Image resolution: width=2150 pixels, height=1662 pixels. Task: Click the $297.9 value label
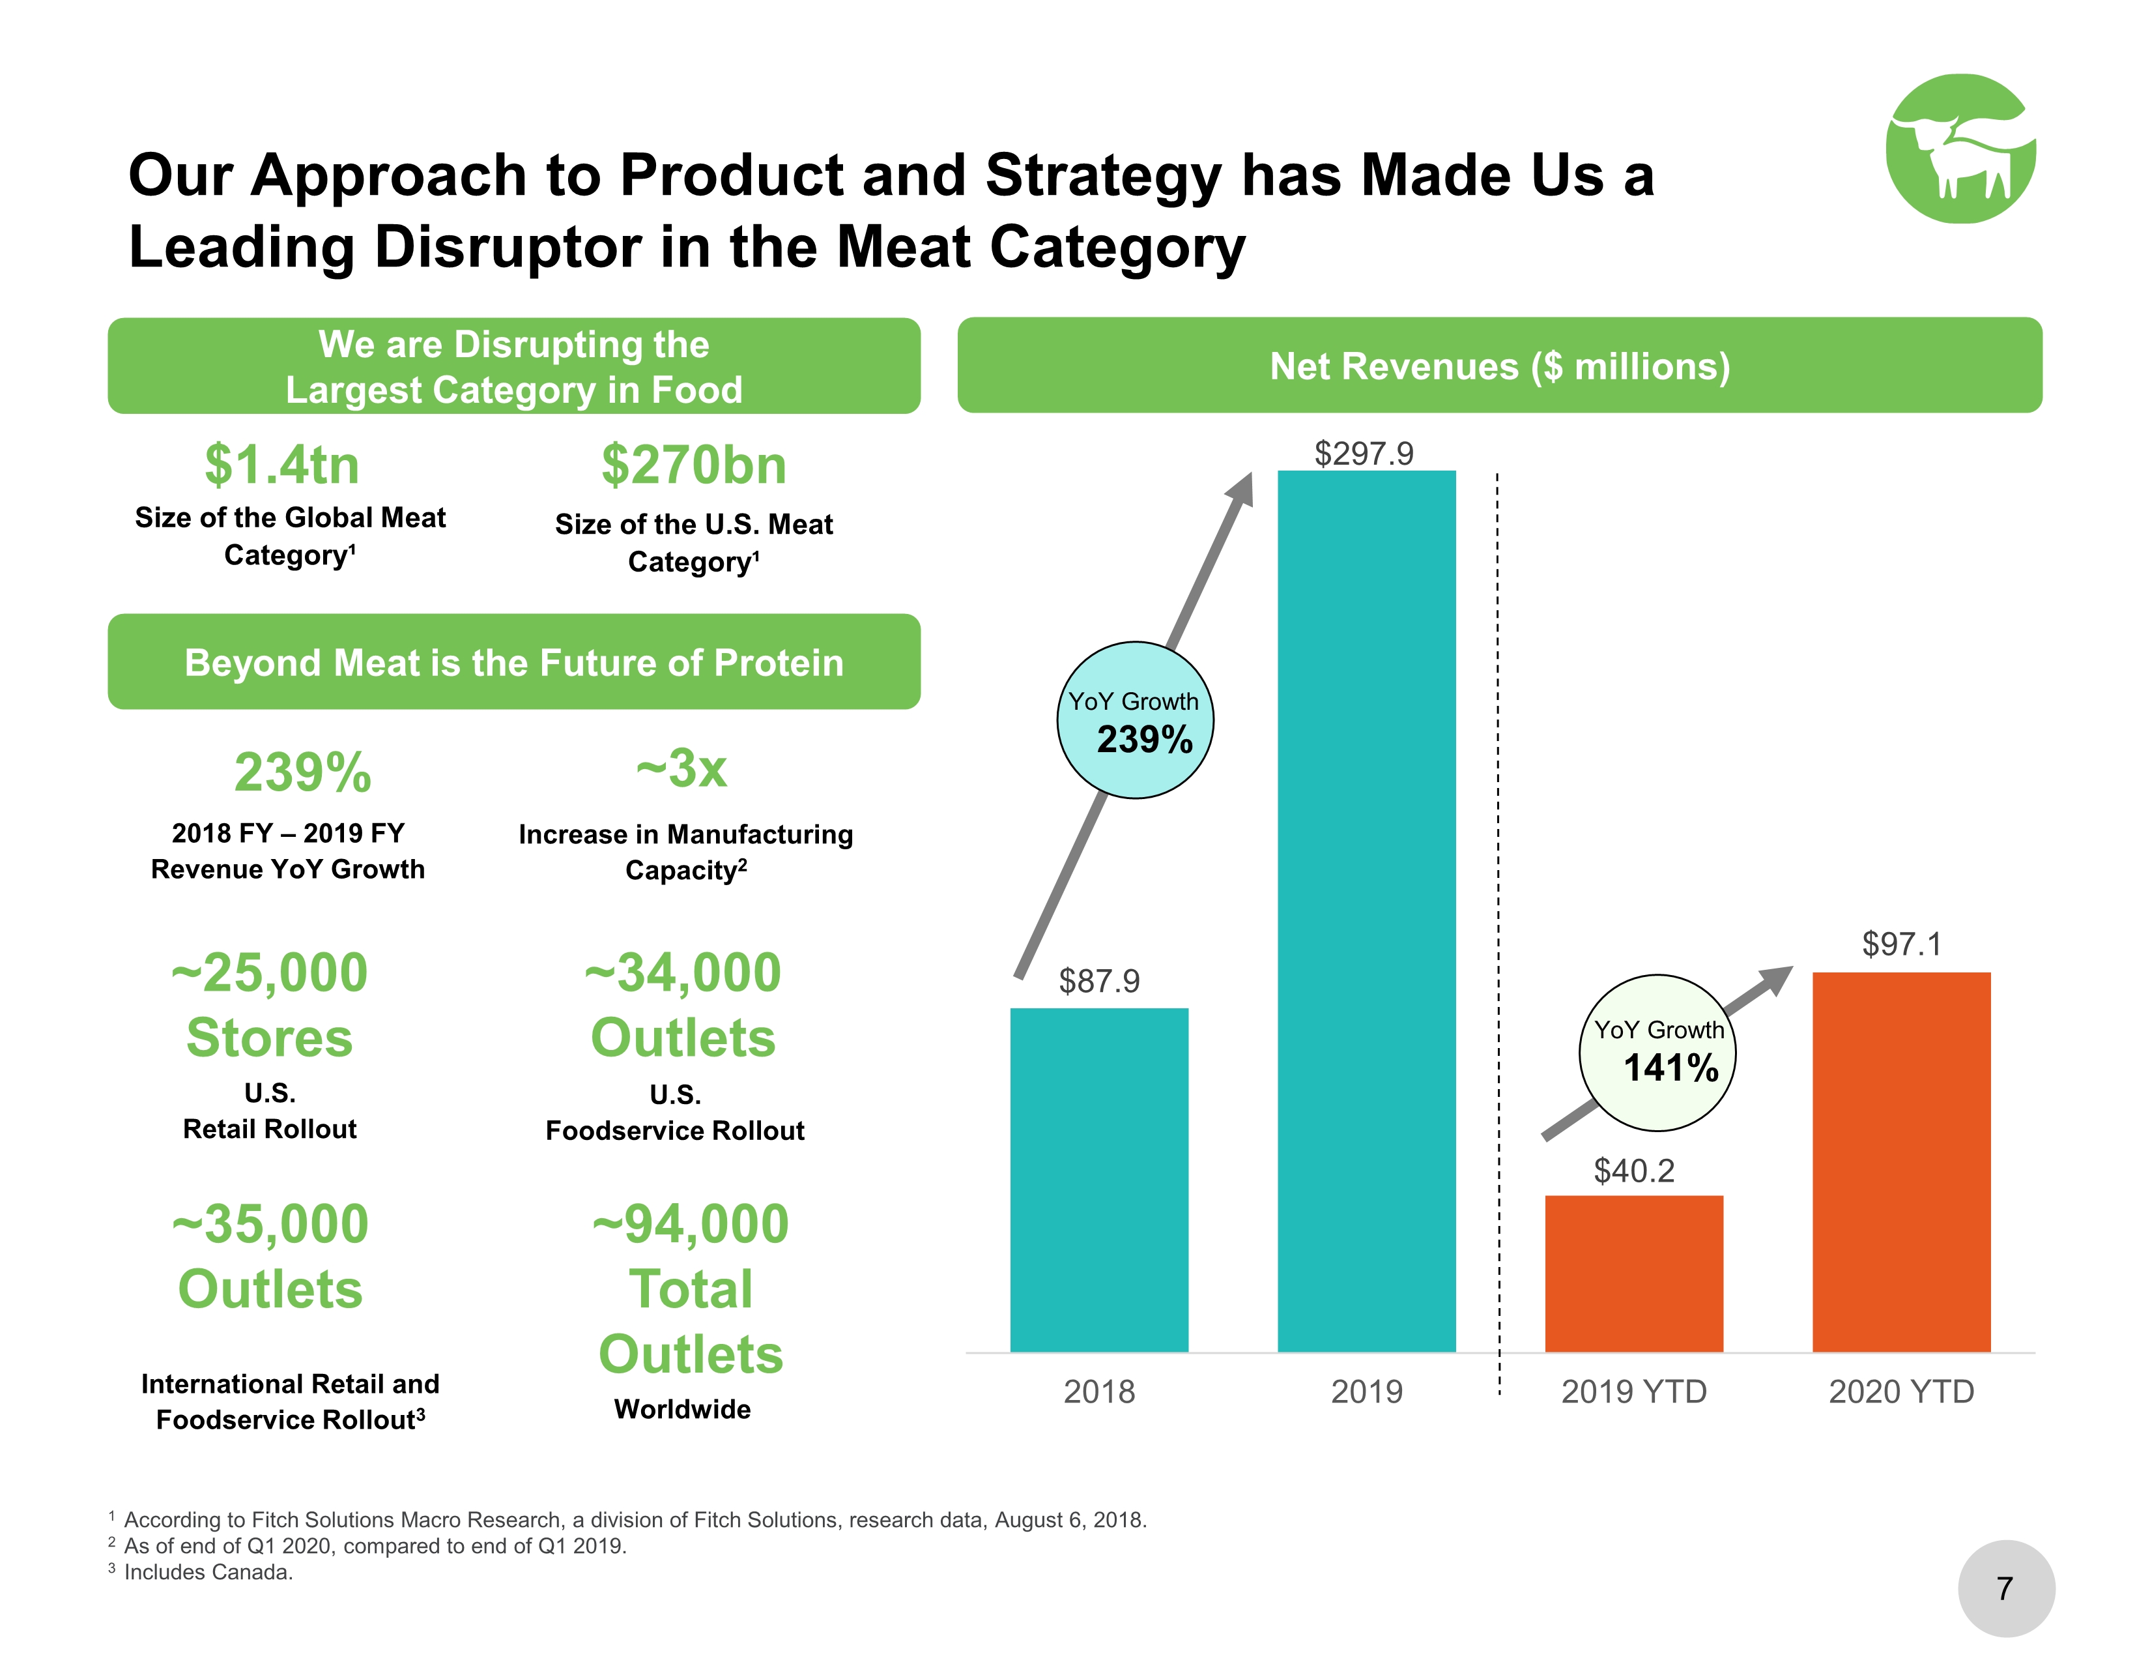[x=1364, y=453]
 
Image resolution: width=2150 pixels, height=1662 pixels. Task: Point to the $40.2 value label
[x=1633, y=1170]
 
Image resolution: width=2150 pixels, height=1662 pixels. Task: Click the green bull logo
[x=1959, y=149]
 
